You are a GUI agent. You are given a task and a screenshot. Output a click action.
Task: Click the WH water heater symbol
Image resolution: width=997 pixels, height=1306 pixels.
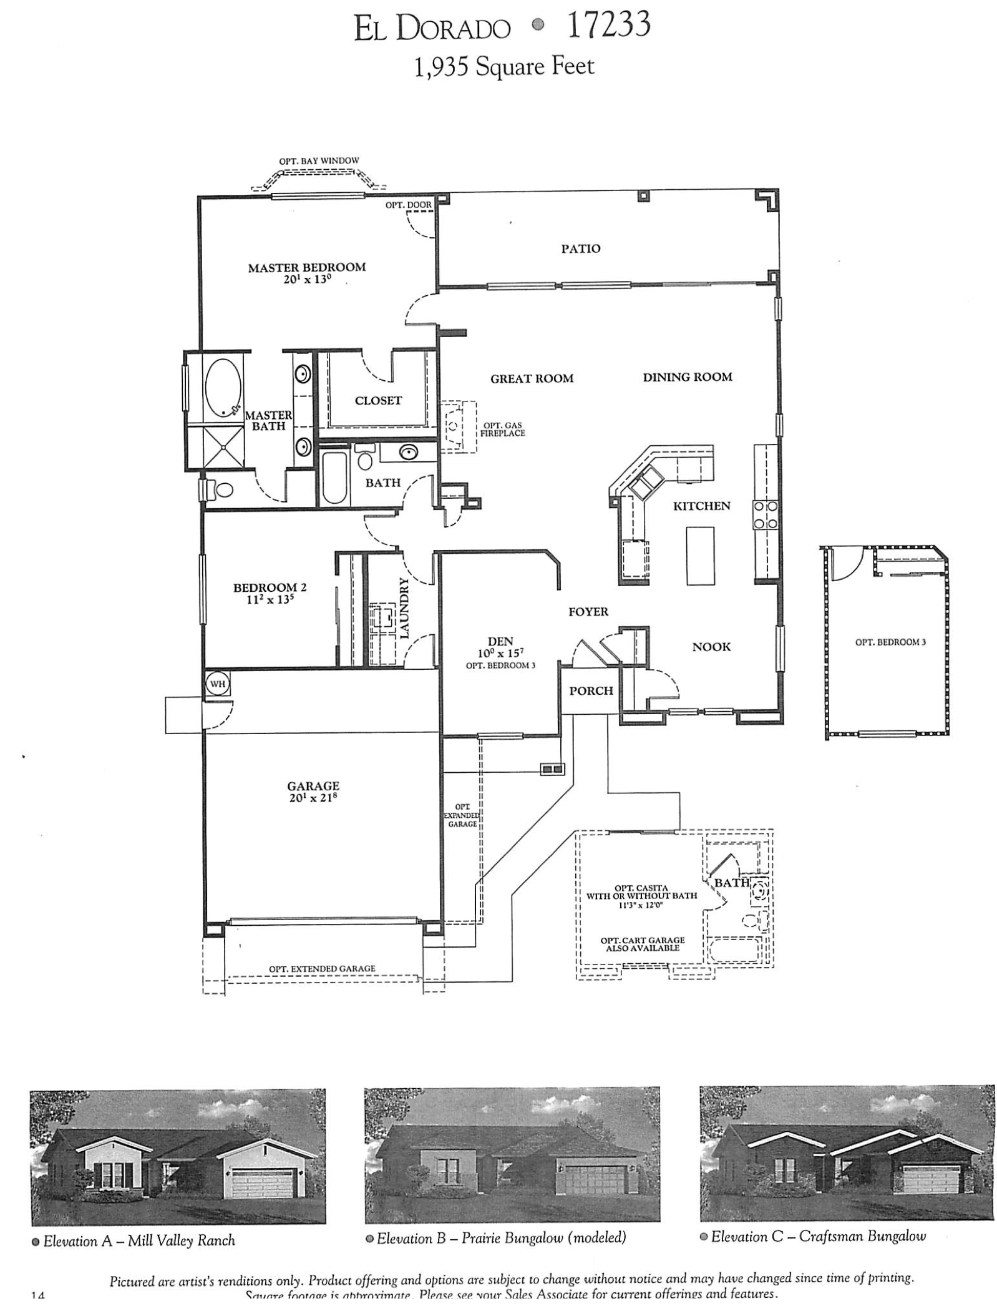click(217, 684)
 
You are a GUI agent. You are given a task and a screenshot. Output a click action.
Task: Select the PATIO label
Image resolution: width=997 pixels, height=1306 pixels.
click(580, 248)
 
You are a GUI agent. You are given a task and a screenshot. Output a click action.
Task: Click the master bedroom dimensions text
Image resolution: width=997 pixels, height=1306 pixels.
click(306, 279)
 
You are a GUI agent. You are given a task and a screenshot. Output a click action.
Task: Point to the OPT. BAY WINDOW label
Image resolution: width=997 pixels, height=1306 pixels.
click(319, 160)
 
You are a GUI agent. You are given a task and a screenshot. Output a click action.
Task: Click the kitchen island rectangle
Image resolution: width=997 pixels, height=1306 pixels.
click(700, 556)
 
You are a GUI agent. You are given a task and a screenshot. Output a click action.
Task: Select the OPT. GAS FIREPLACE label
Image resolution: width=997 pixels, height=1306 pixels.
click(502, 430)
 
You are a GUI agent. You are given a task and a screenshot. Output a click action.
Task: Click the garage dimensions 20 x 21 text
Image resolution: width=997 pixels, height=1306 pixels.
click(313, 797)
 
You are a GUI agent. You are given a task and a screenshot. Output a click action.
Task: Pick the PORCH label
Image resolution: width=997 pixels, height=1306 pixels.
click(591, 690)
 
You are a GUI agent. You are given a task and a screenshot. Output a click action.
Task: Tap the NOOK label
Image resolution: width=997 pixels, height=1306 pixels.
click(711, 647)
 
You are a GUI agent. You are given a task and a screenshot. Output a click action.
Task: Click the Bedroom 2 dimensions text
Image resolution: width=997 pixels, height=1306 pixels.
click(270, 597)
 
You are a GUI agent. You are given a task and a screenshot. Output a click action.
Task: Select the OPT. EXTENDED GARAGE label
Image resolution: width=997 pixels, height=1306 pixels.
click(322, 969)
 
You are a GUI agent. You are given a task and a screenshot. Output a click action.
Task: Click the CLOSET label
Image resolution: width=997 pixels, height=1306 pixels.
click(378, 401)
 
